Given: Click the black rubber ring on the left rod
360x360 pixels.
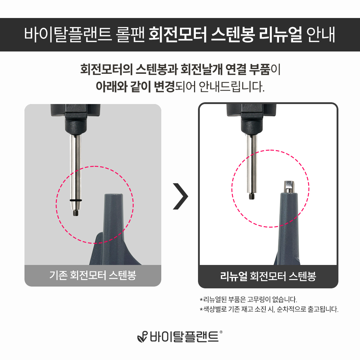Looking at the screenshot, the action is [76, 201].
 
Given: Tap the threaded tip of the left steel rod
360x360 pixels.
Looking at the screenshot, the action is [76, 212].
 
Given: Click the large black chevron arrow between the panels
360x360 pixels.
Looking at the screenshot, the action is [180, 196].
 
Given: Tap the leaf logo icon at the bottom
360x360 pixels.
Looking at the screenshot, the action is [142, 337].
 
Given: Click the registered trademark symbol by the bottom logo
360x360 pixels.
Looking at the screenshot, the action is [221, 332].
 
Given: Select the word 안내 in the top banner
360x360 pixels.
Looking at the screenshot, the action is [321, 35].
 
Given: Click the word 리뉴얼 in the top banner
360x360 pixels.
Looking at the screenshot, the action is [280, 35].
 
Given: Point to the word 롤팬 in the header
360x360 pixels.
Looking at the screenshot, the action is [130, 35].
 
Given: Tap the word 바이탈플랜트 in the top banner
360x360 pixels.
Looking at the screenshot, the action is [68, 35].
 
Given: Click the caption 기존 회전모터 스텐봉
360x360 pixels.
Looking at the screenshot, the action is [93, 275].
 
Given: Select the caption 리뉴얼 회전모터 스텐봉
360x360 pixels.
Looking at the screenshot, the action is [268, 276].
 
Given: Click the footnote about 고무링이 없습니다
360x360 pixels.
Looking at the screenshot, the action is [248, 300].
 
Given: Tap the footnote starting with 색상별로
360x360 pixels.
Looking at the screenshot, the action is [269, 309].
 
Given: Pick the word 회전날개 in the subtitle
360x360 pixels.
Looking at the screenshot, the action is [201, 69].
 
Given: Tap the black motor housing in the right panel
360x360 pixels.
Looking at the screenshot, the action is [252, 119].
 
